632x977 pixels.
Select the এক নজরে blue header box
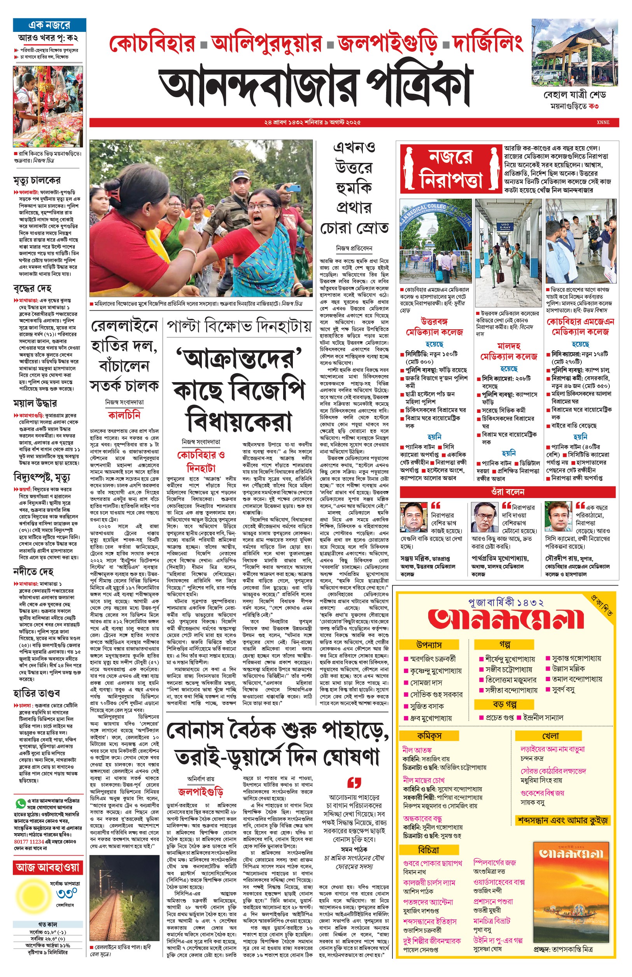(x=49, y=25)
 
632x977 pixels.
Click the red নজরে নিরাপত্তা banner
(x=451, y=169)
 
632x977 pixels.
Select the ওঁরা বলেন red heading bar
(x=508, y=492)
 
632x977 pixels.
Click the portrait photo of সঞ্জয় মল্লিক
(x=414, y=516)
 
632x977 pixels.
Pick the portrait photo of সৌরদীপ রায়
(x=558, y=516)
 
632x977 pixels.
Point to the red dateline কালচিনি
(x=124, y=415)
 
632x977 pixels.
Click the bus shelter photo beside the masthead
(x=574, y=52)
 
